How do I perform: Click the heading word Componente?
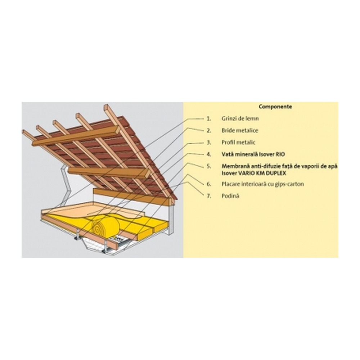point(275,107)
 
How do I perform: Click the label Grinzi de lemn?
point(240,118)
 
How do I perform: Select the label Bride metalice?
point(240,130)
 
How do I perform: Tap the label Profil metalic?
point(238,142)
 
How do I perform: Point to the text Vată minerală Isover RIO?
point(253,154)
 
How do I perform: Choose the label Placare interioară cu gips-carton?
point(263,184)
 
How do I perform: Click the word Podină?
point(230,196)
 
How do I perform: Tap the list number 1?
point(208,118)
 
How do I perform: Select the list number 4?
point(208,154)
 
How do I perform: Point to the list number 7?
point(208,196)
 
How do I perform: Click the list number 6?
point(208,184)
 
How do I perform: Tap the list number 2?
point(208,130)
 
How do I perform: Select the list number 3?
point(208,142)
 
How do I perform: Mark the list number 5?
point(208,166)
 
